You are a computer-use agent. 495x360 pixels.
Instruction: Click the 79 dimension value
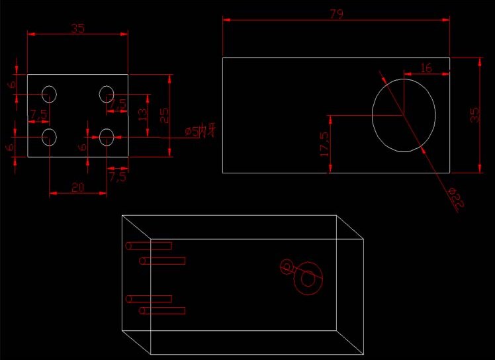coord(336,14)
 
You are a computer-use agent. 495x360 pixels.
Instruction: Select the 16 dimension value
coord(426,67)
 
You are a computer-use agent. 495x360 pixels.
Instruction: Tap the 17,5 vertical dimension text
coord(324,144)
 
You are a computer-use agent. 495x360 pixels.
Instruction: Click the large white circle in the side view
coord(404,114)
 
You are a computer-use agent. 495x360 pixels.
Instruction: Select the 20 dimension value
coord(77,188)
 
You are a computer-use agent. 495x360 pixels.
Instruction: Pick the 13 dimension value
coord(142,115)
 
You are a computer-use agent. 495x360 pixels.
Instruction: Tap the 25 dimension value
coord(165,115)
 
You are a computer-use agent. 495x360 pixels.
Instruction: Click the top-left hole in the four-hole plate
coord(50,94)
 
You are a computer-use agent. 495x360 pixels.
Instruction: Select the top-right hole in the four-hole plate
coord(107,94)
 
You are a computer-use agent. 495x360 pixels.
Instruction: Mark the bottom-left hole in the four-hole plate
coord(50,137)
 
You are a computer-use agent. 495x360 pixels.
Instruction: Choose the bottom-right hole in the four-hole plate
coord(107,137)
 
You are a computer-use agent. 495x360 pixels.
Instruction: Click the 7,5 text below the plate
coord(117,177)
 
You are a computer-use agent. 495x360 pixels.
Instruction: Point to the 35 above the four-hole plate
coord(77,28)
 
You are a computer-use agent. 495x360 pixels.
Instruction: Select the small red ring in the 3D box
coord(287,267)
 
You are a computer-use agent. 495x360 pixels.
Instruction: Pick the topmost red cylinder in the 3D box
coord(149,246)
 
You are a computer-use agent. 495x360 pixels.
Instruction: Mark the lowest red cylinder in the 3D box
coord(162,310)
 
